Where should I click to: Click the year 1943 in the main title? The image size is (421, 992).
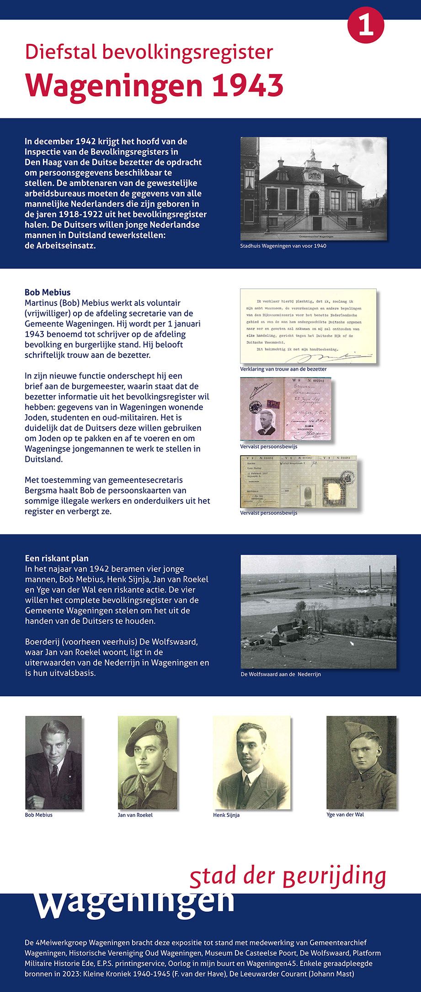point(247,85)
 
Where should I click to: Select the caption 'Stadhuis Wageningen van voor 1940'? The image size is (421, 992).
point(283,246)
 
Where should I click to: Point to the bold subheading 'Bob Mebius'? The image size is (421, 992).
point(48,292)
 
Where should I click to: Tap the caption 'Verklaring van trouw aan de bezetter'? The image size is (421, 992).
point(283,369)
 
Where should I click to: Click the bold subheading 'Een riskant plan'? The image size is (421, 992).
point(57,558)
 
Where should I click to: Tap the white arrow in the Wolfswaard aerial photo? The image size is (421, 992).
point(352,643)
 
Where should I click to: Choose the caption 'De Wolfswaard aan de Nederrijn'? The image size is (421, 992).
point(281,674)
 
